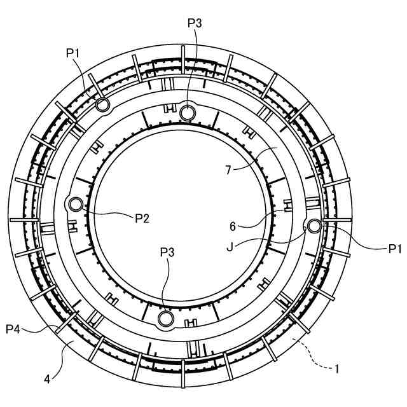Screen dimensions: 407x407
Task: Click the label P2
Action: point(142,218)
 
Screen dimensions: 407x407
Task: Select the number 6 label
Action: point(233,225)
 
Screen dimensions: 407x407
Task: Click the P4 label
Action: point(14,328)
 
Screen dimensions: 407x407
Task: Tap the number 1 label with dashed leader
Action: point(336,368)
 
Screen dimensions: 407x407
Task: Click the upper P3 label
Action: point(195,23)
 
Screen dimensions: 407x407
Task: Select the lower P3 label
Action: point(167,252)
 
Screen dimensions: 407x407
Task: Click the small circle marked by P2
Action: point(76,204)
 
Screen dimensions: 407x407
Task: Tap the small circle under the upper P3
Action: point(187,113)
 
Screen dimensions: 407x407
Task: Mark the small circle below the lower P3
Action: point(166,318)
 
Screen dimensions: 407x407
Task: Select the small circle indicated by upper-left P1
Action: point(102,104)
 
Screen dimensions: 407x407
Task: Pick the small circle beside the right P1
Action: point(314,225)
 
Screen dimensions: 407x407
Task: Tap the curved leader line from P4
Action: point(45,329)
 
